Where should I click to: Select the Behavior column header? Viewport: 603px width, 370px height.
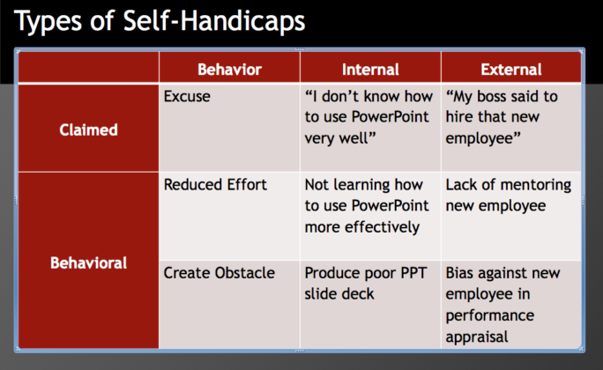click(x=229, y=69)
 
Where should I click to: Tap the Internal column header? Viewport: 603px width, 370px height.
click(x=370, y=69)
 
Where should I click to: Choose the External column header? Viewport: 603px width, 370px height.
click(x=511, y=69)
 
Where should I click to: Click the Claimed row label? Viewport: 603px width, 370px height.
click(x=88, y=129)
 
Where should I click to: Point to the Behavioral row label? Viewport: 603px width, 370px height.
click(x=88, y=263)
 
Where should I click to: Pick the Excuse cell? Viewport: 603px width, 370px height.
click(x=187, y=96)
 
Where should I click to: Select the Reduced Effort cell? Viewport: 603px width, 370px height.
click(x=215, y=185)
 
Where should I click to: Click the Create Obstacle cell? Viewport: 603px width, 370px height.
click(x=218, y=273)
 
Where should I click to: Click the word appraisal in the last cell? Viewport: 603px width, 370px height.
click(x=477, y=336)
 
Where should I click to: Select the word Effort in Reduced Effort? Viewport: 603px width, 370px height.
click(x=247, y=185)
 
